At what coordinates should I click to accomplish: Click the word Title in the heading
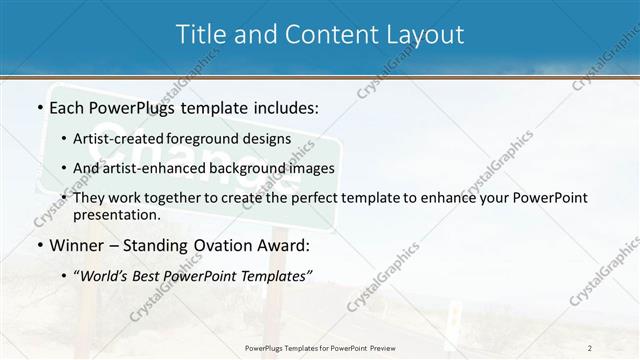point(200,35)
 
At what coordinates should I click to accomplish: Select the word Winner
point(76,245)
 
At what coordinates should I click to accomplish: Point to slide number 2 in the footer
point(590,347)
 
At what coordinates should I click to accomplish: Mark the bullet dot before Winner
point(39,245)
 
